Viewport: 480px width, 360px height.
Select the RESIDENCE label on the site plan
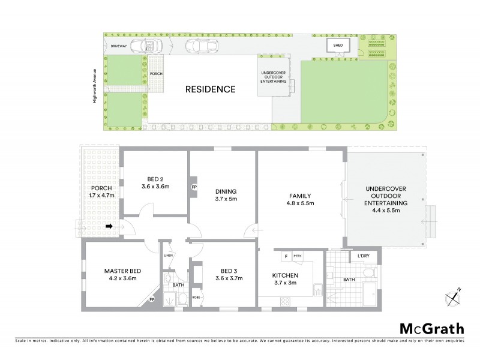[x=209, y=89]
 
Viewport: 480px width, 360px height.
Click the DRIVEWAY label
[x=118, y=46]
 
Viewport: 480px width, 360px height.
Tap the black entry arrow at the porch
[x=110, y=226]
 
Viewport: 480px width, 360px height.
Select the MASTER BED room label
[x=113, y=274]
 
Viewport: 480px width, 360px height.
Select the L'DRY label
[x=364, y=257]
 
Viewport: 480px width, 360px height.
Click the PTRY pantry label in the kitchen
[x=298, y=256]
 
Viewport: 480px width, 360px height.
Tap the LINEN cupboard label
[x=168, y=256]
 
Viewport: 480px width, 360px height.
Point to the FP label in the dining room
[x=194, y=187]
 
